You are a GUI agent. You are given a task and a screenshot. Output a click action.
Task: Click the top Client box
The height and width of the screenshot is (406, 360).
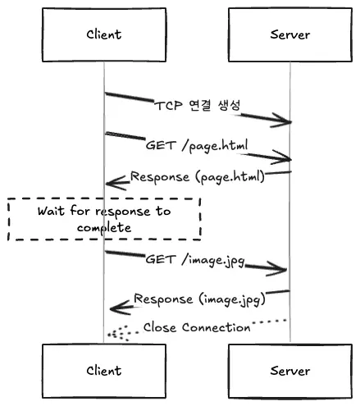coord(103,34)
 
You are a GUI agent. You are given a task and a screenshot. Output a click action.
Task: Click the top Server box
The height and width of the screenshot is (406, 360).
coord(290,34)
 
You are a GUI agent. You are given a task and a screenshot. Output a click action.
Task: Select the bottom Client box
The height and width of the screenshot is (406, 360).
coord(103,370)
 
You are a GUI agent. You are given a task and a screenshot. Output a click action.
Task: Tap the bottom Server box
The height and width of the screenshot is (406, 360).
coord(290,370)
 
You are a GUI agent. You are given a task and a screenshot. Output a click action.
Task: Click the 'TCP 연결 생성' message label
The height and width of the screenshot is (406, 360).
coord(198,107)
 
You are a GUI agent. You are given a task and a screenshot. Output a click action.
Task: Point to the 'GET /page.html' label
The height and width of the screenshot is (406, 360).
coord(197,144)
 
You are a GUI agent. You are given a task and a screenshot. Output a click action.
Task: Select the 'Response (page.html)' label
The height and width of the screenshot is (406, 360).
coord(197,176)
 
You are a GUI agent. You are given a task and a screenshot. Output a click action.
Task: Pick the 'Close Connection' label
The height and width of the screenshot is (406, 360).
coord(197,326)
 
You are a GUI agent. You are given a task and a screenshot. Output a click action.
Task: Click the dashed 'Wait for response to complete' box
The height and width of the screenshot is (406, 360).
coord(104,218)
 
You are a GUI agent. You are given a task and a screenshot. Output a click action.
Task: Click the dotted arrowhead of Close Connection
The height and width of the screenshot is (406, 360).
coord(112,334)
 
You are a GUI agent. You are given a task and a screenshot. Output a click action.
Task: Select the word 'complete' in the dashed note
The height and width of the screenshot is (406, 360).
coord(104,226)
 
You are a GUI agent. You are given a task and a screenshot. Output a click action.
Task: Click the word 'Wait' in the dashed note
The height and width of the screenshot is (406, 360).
coord(51,211)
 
